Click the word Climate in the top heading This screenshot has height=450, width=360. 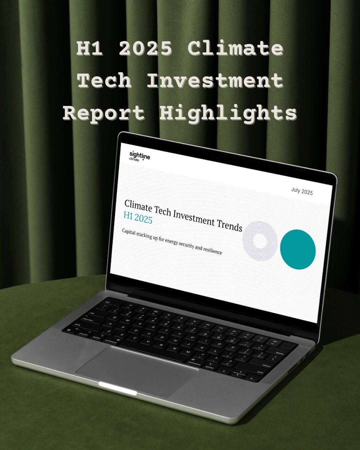(235, 49)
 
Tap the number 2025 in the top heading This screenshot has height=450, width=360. (146, 49)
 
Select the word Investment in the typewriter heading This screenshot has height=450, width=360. (215, 81)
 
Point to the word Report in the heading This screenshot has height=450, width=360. (104, 113)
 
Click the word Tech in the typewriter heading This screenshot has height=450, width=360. (104, 81)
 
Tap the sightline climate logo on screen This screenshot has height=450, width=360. (139, 156)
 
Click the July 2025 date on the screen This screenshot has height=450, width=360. (302, 191)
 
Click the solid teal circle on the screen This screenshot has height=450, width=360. (298, 249)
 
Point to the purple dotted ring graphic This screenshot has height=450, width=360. (260, 240)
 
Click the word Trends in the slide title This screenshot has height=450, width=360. (230, 226)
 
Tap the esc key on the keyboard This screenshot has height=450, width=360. (108, 302)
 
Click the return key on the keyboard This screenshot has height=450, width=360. (266, 365)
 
